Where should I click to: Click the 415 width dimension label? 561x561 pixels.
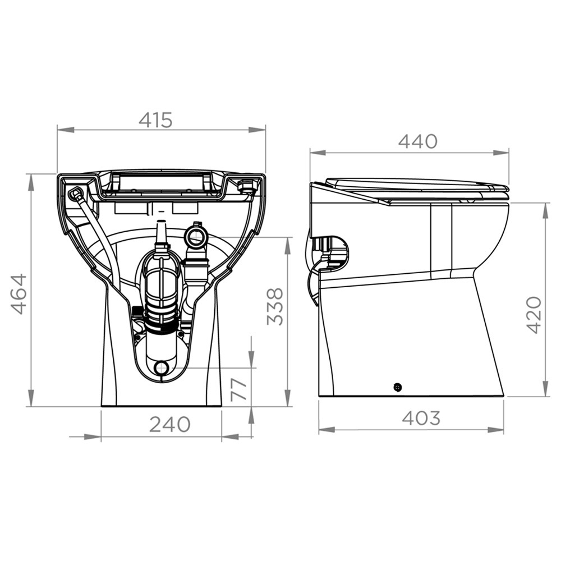pos(155,120)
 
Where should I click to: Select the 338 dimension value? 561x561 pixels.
pos(275,307)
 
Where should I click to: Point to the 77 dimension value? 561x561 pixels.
pos(238,389)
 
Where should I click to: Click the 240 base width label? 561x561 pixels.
pos(169,425)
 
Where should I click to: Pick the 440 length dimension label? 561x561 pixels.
pos(418,141)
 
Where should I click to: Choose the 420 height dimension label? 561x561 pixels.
pos(534,315)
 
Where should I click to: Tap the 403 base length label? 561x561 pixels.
pos(421,418)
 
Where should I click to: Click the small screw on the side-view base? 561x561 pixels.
pos(397,387)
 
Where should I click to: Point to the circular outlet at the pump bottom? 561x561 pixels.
pos(161,367)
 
